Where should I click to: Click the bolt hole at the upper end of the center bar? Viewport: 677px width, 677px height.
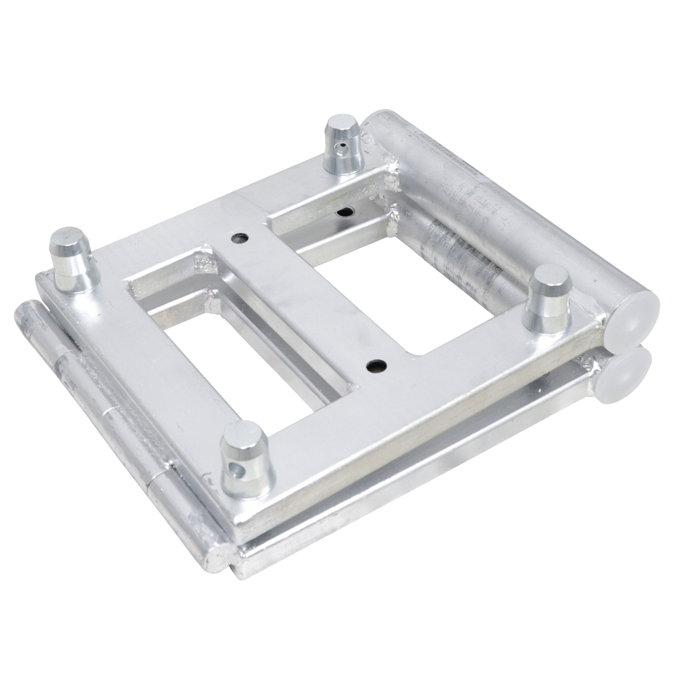(x=240, y=238)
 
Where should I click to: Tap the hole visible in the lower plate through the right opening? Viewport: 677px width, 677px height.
(x=345, y=212)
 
